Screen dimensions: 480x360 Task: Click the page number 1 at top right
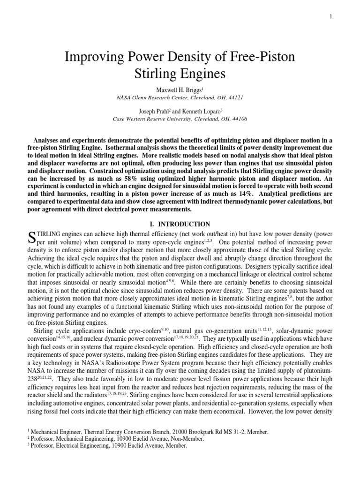pyautogui.click(x=330, y=17)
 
